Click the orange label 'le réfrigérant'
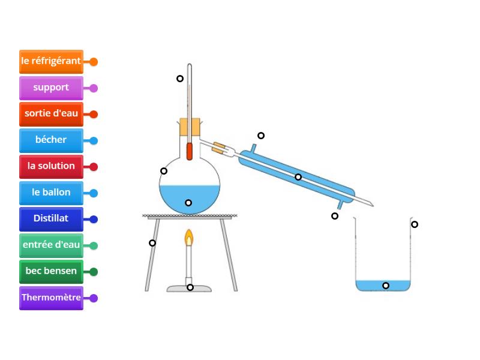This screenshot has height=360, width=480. point(51,61)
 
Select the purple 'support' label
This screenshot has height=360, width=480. point(51,88)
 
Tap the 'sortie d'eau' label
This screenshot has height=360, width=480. point(51,114)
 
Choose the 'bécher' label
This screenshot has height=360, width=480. point(51,140)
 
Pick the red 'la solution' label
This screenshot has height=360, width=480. point(51,166)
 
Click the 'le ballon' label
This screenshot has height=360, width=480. point(51,193)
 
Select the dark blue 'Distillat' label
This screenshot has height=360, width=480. point(51,219)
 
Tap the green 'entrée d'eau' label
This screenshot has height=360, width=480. point(51,245)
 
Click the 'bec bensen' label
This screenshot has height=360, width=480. point(51,271)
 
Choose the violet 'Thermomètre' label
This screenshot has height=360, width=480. point(51,298)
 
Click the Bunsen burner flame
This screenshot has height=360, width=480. point(189,238)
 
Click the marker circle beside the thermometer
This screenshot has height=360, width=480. point(179,79)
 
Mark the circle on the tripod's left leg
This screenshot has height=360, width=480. point(152,243)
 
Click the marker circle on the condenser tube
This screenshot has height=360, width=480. point(298,177)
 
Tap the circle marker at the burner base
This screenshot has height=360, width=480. point(190,287)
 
